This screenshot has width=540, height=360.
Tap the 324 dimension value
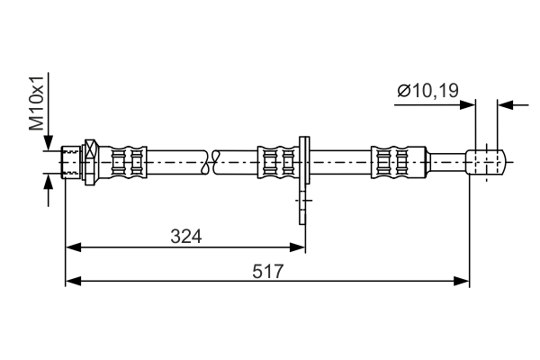point(185,236)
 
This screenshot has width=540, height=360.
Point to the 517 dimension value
point(267,270)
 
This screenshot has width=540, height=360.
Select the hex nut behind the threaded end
point(89,163)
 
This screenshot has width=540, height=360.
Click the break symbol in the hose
point(211,163)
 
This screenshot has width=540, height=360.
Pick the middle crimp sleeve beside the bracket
point(276,163)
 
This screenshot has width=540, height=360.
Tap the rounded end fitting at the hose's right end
point(487,163)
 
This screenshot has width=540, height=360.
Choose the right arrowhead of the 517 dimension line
point(463,281)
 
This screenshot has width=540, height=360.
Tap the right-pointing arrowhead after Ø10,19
point(468,105)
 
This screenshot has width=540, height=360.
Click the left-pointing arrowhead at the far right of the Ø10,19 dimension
point(506,105)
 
